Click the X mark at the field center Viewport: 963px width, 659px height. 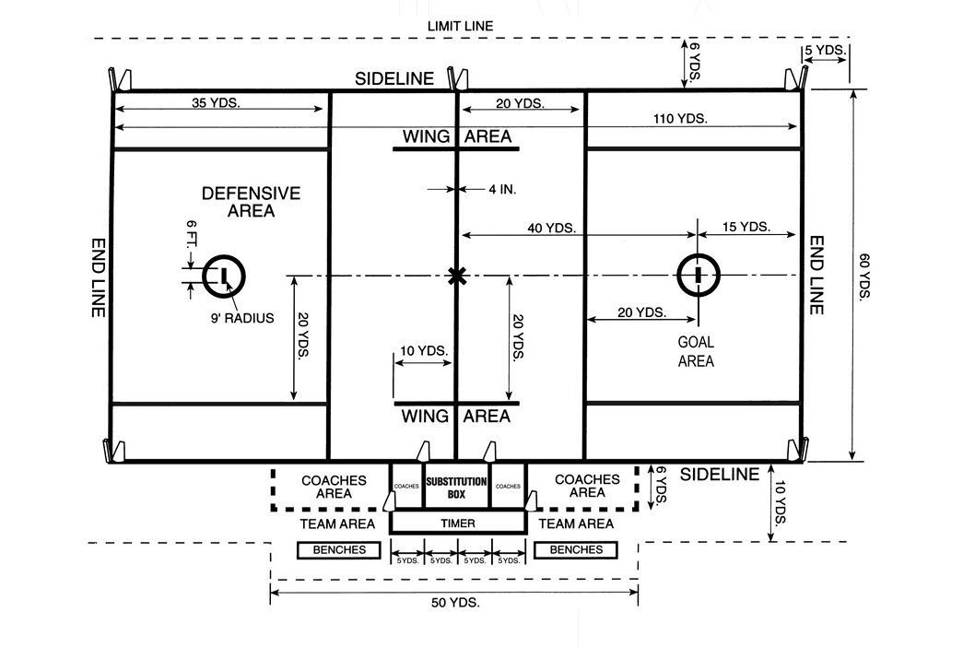[x=455, y=275]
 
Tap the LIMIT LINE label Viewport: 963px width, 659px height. [x=460, y=26]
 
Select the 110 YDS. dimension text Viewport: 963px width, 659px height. [x=677, y=118]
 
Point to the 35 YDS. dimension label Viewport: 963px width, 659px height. [x=217, y=103]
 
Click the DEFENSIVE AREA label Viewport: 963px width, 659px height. [x=251, y=202]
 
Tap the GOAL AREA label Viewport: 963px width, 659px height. [x=696, y=351]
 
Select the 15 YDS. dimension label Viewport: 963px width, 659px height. [x=746, y=227]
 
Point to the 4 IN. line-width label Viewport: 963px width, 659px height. [x=501, y=189]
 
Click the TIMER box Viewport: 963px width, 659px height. [x=458, y=524]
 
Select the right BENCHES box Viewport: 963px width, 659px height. [x=576, y=550]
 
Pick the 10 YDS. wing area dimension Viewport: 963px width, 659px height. [x=424, y=351]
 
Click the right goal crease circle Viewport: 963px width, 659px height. [x=698, y=275]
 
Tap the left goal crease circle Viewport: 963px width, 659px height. [x=222, y=275]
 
